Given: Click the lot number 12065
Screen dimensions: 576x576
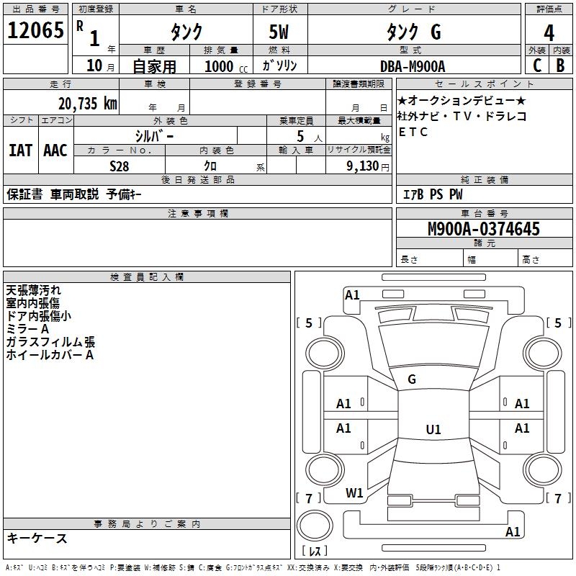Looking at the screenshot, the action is click(35, 31).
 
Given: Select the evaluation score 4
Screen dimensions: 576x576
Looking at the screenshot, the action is click(549, 32).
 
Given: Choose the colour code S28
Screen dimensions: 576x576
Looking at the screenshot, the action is click(119, 166).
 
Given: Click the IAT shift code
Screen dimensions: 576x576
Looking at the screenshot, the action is click(20, 150).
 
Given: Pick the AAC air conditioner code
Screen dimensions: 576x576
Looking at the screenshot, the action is click(55, 150).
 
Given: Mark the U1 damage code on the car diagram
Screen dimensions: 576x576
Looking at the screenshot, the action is click(433, 430).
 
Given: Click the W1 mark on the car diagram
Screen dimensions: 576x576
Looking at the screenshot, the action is click(354, 493).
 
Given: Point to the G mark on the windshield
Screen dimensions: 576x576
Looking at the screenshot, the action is click(412, 379).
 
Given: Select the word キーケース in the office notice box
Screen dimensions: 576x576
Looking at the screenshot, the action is click(37, 538).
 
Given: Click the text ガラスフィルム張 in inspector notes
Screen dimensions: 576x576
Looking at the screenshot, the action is click(50, 342).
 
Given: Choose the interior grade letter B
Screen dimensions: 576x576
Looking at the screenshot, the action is click(559, 66).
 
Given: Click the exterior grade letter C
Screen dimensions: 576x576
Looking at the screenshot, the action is click(536, 66).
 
